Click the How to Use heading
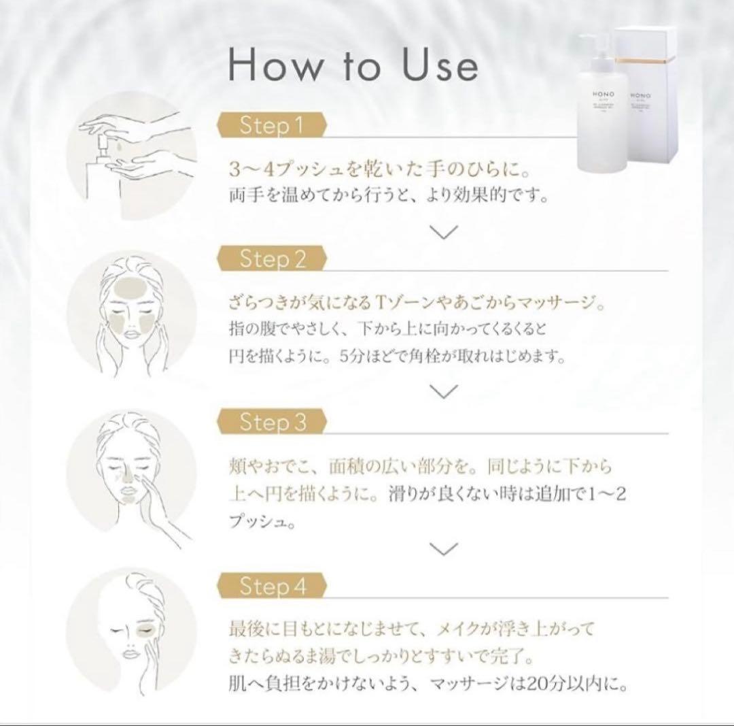353,66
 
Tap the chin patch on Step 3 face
126,496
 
